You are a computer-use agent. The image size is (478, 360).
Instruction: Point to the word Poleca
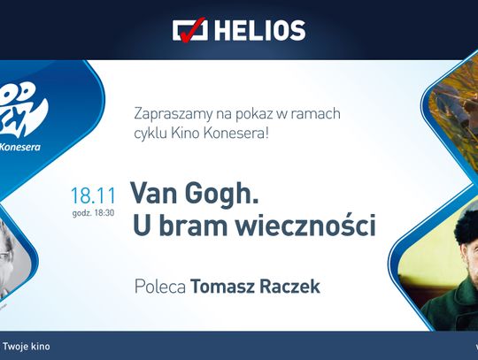(158, 287)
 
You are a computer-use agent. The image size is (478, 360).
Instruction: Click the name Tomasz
(220, 287)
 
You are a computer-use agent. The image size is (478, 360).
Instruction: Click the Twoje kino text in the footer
(27, 346)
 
